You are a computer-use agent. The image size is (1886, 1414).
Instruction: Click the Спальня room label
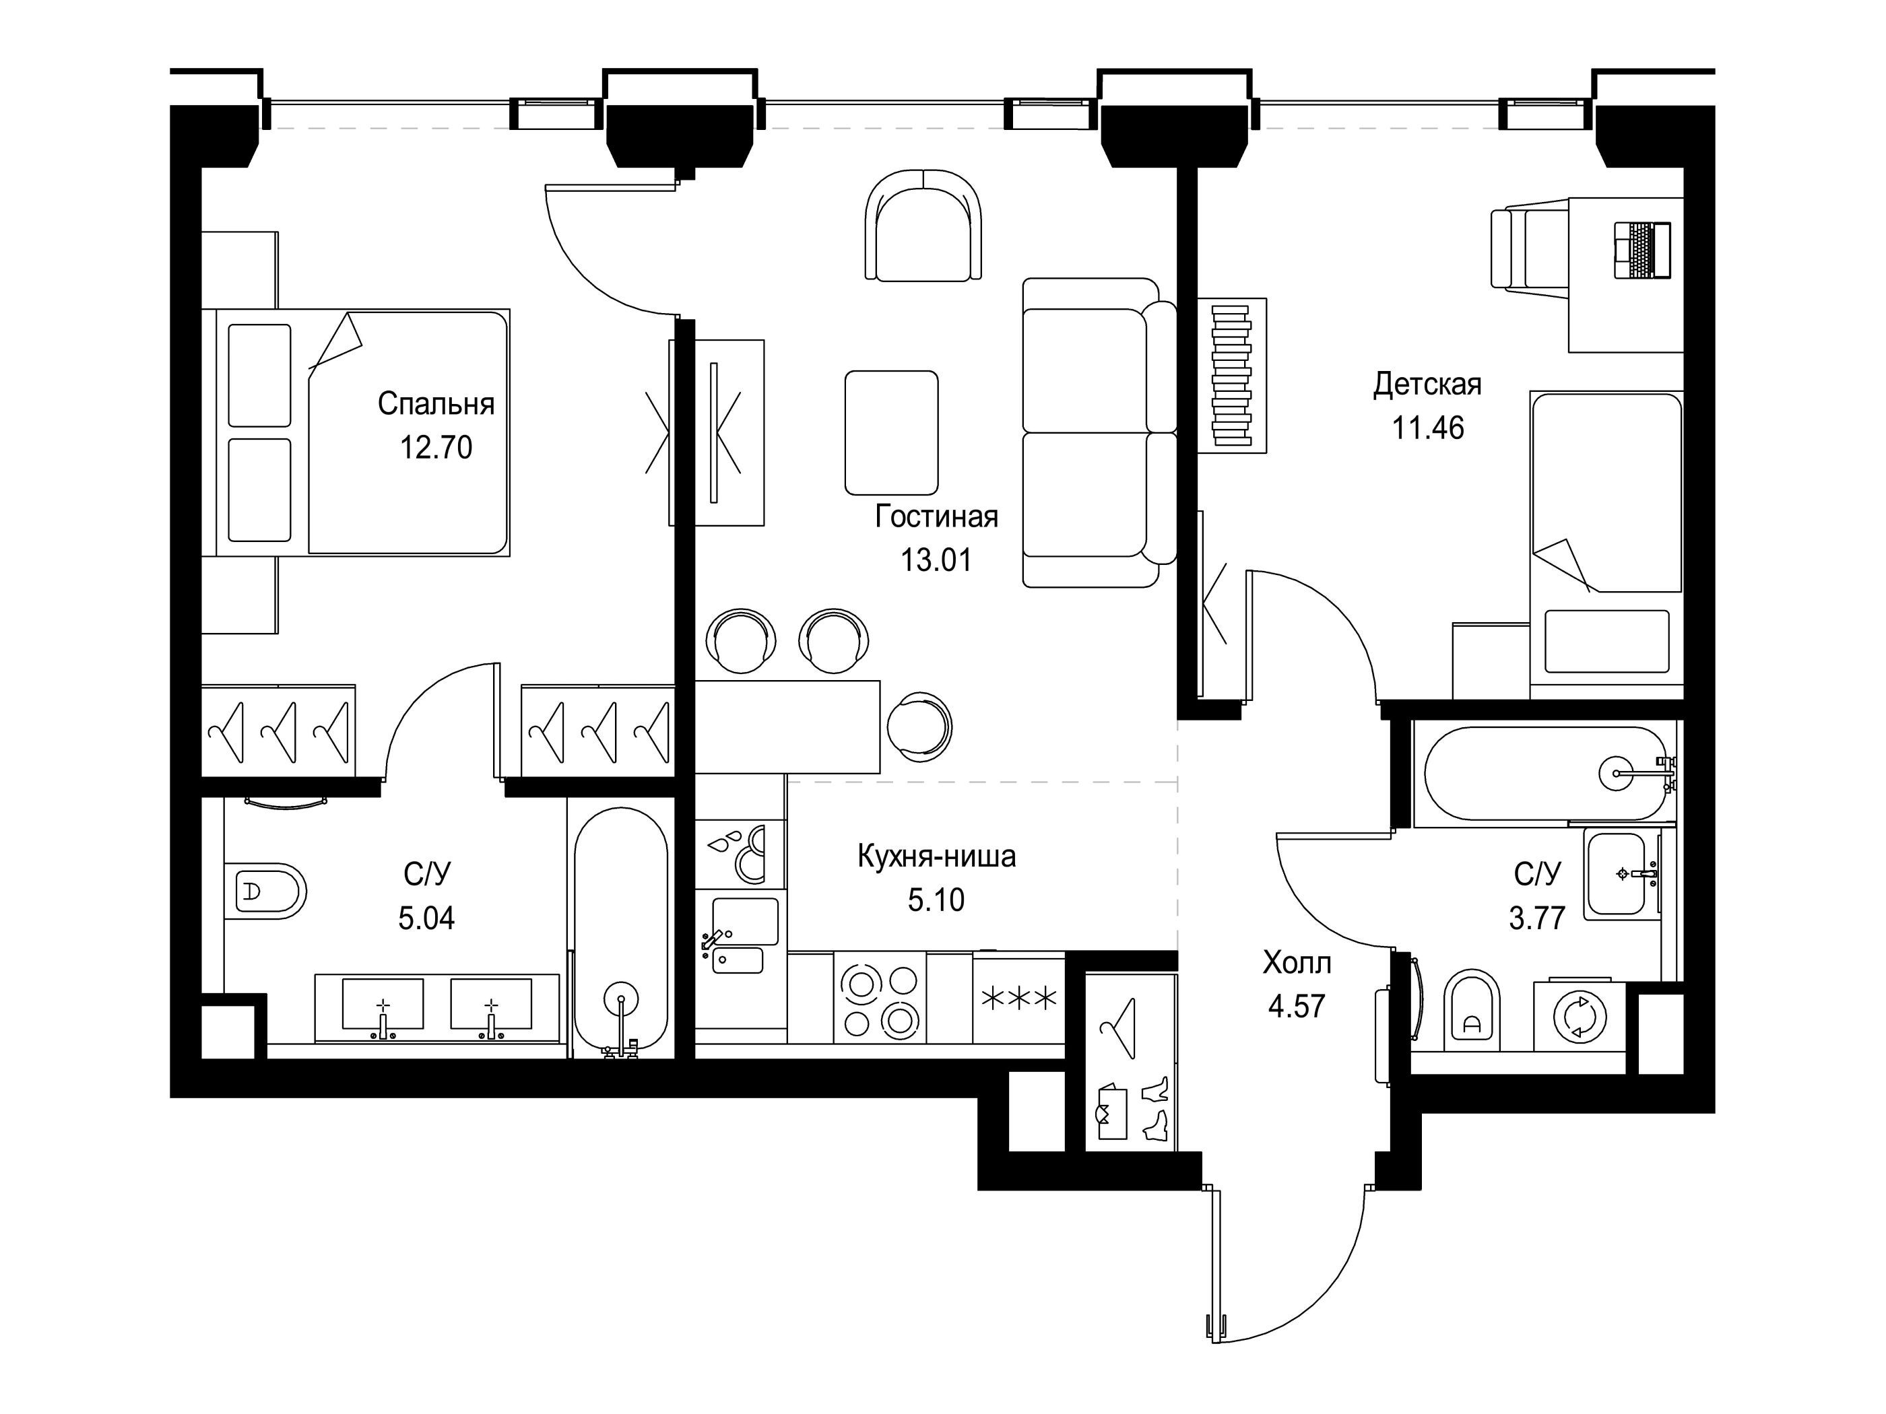[x=436, y=404]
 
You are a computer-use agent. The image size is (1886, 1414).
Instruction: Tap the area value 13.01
[x=936, y=560]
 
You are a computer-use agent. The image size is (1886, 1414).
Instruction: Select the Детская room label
[x=1427, y=384]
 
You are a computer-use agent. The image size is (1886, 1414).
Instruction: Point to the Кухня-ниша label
[x=936, y=856]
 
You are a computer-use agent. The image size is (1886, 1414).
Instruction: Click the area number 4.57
[x=1297, y=1006]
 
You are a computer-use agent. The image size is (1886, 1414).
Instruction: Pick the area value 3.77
[x=1537, y=918]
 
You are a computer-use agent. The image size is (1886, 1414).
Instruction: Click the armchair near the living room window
[x=923, y=224]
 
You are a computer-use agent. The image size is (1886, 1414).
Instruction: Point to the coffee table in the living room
[x=892, y=433]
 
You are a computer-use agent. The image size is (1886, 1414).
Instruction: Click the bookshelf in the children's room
[x=1232, y=375]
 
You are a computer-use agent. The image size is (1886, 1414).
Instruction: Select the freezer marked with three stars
[x=1019, y=998]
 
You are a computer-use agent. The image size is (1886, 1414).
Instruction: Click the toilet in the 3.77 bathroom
[x=1472, y=1010]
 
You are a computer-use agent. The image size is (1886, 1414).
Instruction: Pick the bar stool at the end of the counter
[x=919, y=727]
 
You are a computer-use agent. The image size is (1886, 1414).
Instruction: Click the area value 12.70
[x=436, y=448]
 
